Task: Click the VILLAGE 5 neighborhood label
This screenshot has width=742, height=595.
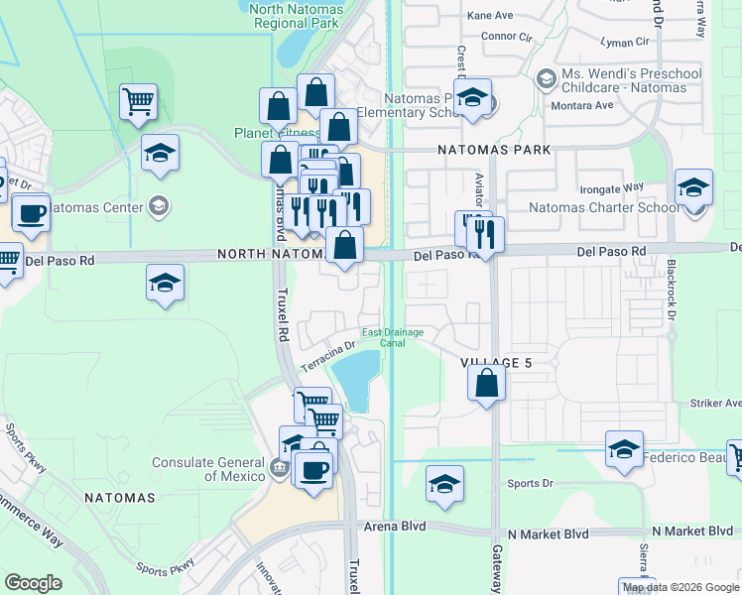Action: (496, 363)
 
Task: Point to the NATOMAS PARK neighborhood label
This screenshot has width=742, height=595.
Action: (494, 150)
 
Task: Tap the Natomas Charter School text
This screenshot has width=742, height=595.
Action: (604, 208)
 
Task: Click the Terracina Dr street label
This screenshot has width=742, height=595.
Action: (327, 357)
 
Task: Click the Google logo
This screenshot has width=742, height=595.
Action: (33, 583)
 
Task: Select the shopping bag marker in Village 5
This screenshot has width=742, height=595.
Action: (485, 383)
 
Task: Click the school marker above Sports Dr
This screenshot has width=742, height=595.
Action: (444, 483)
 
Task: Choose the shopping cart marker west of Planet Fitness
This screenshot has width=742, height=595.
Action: (138, 100)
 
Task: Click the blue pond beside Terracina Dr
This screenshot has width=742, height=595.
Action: (355, 376)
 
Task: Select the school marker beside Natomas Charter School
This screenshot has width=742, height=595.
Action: (693, 186)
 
